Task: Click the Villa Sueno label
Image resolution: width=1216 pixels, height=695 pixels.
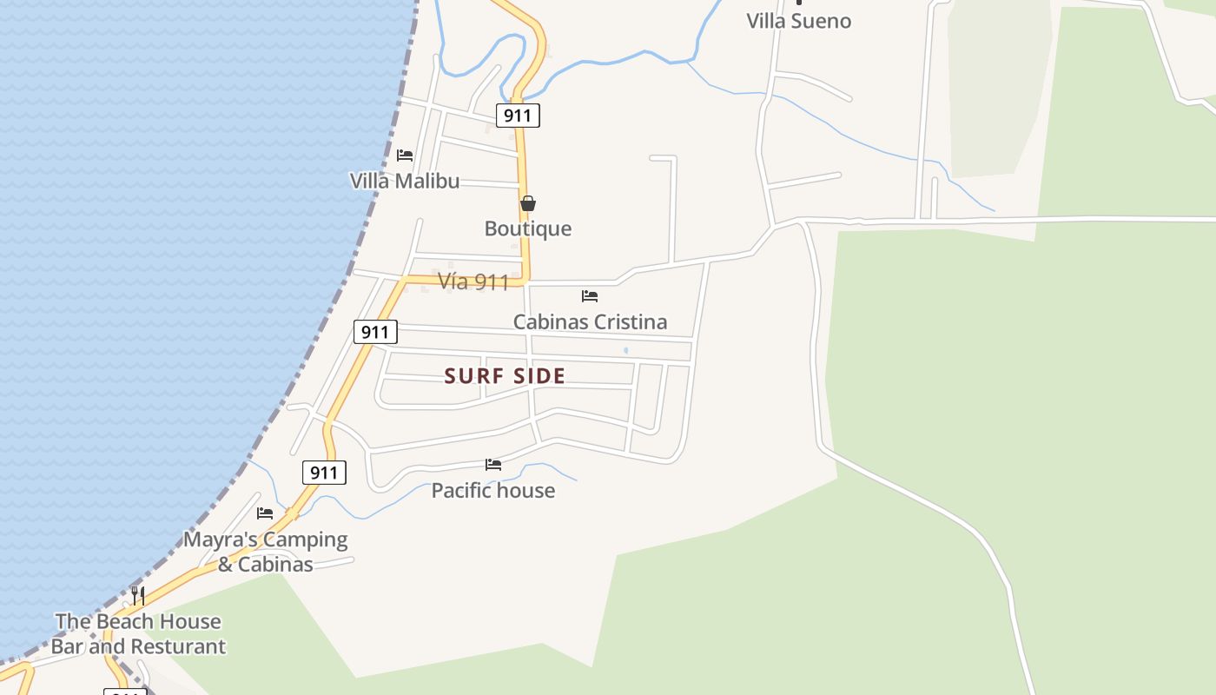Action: click(798, 21)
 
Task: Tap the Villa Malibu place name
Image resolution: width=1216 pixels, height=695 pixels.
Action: click(405, 181)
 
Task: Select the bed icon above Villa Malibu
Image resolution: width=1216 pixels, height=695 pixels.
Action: click(405, 156)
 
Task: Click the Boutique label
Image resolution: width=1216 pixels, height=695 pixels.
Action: click(528, 228)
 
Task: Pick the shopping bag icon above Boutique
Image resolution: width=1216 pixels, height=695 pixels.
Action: click(528, 204)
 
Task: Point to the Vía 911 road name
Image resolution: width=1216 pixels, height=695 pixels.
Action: click(473, 281)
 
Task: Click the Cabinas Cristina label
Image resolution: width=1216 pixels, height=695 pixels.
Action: click(590, 321)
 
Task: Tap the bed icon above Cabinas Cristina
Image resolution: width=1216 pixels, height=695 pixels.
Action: click(590, 296)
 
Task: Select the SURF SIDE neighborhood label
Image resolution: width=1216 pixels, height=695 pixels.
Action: click(505, 376)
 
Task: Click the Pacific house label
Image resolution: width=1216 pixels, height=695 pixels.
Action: click(493, 490)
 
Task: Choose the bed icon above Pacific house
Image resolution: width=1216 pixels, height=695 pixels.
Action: click(493, 465)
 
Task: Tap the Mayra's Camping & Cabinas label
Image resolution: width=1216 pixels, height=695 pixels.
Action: click(265, 552)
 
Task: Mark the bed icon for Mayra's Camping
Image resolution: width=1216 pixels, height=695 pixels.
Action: click(265, 513)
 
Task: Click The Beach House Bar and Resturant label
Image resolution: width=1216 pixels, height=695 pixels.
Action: click(138, 634)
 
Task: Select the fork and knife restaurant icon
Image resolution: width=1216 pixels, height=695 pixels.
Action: click(138, 596)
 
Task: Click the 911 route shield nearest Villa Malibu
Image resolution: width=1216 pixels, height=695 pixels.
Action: click(518, 116)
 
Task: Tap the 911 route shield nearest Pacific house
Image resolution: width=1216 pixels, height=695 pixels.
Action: click(324, 473)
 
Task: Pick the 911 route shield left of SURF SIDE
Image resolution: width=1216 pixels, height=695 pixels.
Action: click(375, 332)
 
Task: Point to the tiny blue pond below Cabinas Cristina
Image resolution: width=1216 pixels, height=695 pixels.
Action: click(625, 351)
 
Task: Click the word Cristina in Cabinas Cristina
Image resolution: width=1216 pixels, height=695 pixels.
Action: click(629, 321)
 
